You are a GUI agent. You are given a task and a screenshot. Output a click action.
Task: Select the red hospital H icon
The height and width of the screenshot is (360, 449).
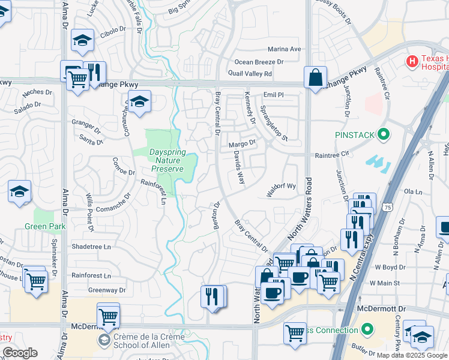pyautogui.click(x=412, y=61)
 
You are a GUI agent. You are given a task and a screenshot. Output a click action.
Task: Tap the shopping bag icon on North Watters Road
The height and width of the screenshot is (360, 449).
pyautogui.click(x=315, y=77)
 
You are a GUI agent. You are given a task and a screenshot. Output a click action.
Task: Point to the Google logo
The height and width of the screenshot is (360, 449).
pyautogui.click(x=20, y=353)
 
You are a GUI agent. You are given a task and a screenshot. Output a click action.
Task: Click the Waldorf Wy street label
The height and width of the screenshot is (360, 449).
pyautogui.click(x=282, y=186)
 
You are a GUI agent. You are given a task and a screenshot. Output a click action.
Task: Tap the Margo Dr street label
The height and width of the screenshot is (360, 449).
pyautogui.click(x=242, y=144)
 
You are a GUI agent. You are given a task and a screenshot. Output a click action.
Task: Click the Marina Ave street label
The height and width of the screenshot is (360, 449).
pyautogui.click(x=284, y=49)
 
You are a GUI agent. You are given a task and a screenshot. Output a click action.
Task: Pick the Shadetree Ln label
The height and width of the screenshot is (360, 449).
pyautogui.click(x=91, y=247)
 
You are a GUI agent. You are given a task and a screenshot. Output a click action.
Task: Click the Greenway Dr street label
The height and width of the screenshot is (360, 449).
pyautogui.click(x=107, y=290)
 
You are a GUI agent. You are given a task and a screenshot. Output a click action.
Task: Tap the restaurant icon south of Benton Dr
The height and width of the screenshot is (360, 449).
pyautogui.click(x=212, y=296)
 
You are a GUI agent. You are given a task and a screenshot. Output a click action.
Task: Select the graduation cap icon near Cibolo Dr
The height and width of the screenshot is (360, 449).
pyautogui.click(x=82, y=40)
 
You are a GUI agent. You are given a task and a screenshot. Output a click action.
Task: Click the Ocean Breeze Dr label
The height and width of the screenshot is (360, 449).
pyautogui.click(x=259, y=62)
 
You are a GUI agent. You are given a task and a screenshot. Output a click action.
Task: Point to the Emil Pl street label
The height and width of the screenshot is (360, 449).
pyautogui.click(x=273, y=95)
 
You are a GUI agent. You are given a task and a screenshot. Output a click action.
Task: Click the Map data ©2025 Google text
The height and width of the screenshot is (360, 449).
pyautogui.click(x=412, y=355)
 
